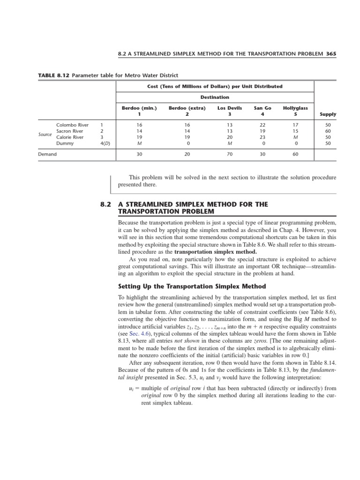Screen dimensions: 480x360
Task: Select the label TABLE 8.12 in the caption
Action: [52, 75]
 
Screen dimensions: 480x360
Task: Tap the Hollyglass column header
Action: [295, 108]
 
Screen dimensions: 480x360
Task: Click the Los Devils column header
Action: [230, 108]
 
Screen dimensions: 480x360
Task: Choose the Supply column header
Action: [327, 113]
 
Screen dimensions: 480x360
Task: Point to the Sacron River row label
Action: [70, 131]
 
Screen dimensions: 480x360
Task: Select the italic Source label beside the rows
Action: [45, 135]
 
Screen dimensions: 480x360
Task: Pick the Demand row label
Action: [47, 154]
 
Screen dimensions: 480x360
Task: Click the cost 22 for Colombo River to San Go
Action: [262, 125]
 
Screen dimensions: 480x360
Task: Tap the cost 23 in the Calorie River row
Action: [262, 137]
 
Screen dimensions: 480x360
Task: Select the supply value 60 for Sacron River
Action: [327, 131]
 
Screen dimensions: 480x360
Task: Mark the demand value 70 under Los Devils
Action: [230, 154]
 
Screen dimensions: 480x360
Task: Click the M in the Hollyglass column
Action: [295, 137]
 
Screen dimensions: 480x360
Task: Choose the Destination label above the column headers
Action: [215, 97]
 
